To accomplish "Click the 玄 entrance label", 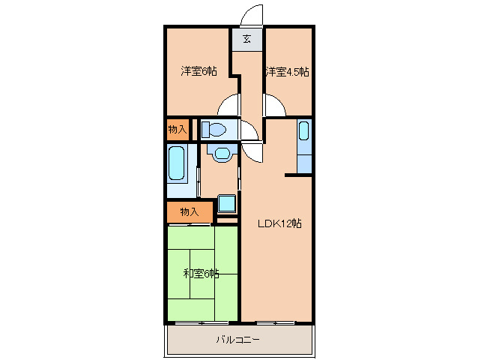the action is [247, 39].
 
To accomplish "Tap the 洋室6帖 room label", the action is [199, 71].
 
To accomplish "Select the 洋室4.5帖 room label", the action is [287, 72].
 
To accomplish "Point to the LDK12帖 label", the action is [280, 223].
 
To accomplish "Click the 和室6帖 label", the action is [202, 274].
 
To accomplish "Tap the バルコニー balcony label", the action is [238, 340].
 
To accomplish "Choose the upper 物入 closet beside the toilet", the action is [178, 130].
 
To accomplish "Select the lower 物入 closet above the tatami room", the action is [190, 211].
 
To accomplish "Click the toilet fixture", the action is [214, 129].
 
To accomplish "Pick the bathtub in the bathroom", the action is [177, 163].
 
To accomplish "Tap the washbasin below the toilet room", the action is [223, 153].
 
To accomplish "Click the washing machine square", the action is [227, 203].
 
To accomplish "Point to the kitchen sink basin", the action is [304, 130].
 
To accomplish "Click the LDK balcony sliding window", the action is [276, 322].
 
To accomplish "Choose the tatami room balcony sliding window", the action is [202, 322].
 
